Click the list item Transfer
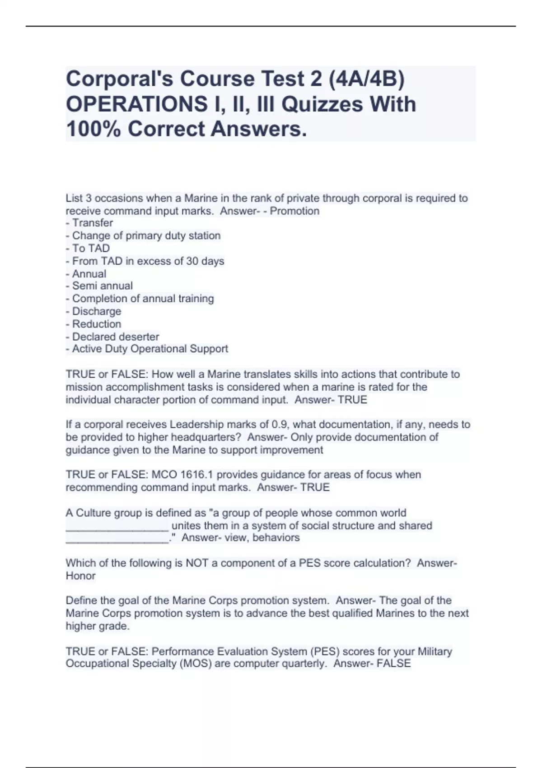point(92,223)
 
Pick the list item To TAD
point(91,248)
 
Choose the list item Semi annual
point(102,286)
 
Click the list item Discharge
point(96,311)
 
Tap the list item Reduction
point(96,324)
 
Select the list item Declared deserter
point(115,337)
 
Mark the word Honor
point(80,576)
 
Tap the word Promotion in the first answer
point(294,211)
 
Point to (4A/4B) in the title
point(366,79)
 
